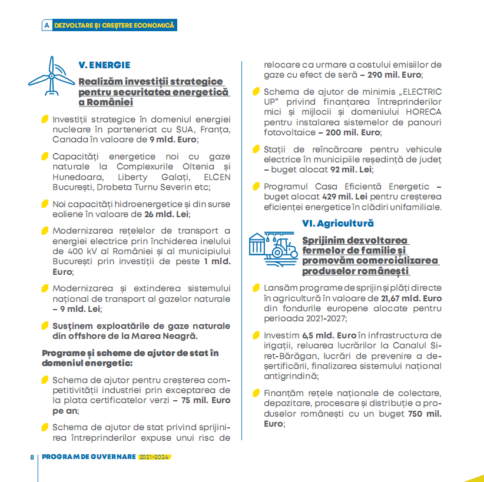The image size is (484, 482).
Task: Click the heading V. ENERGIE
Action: coord(104,65)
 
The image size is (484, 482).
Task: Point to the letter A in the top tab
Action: coord(47,26)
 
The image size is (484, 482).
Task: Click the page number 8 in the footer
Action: coord(32,457)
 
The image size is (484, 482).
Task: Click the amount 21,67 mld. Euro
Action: coord(411,298)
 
